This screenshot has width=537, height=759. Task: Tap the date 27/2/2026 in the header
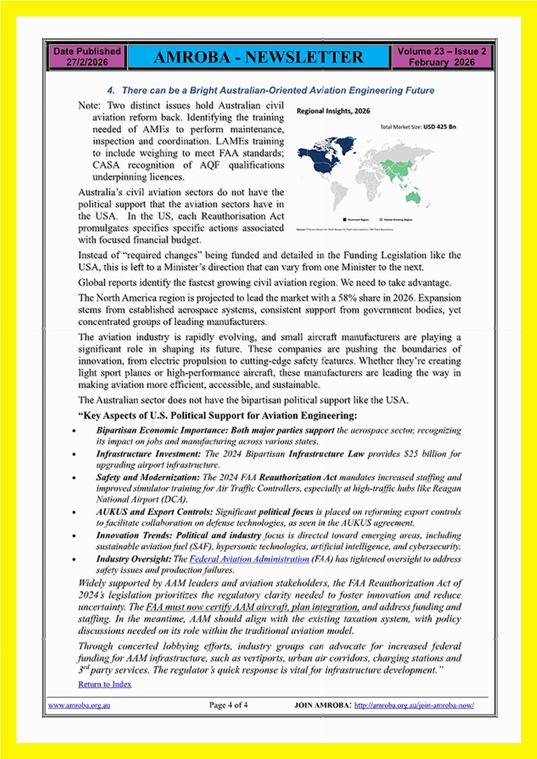click(x=87, y=62)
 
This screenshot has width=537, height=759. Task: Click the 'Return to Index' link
click(x=105, y=685)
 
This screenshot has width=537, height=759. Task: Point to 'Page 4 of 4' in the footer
click(x=228, y=705)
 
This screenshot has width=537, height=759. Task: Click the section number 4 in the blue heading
click(x=110, y=91)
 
